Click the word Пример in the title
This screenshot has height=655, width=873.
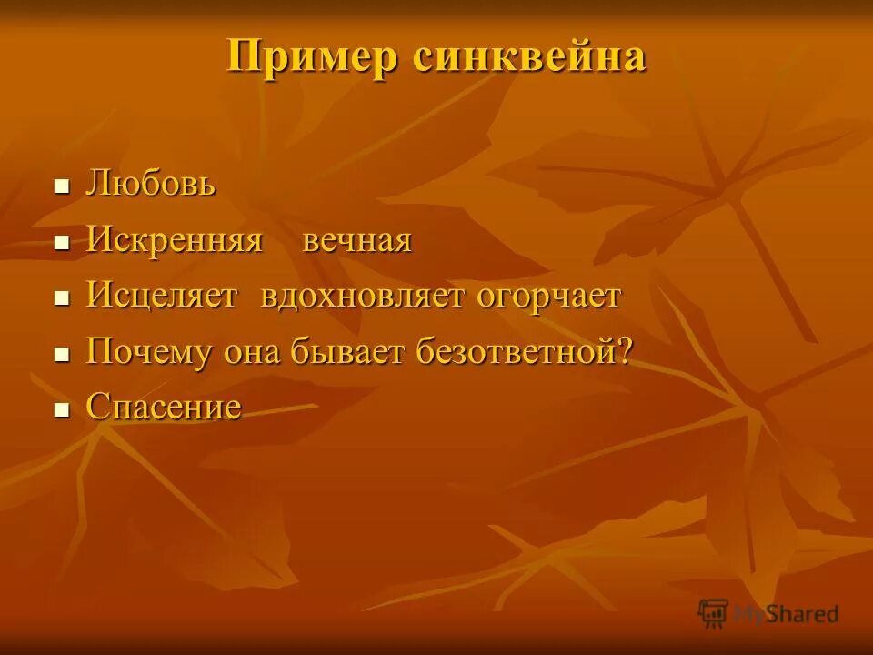pos(312,58)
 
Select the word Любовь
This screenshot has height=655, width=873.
pos(151,185)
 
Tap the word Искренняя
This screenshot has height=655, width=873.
pos(175,241)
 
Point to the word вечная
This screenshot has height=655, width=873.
pos(357,242)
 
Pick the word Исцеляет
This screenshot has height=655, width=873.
pos(162,296)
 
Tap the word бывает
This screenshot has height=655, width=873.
pos(350,352)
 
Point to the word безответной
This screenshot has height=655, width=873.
pos(515,352)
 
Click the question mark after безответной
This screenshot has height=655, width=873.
pos(624,351)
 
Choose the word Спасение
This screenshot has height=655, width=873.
pos(164,408)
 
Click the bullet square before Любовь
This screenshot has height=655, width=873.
pos(62,187)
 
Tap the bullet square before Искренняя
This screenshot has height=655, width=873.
pos(62,243)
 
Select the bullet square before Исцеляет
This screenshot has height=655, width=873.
pos(62,298)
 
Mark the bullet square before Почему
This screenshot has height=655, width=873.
pos(62,354)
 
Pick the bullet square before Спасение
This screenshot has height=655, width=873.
pos(62,409)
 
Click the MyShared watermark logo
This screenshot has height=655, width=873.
pos(768,612)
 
